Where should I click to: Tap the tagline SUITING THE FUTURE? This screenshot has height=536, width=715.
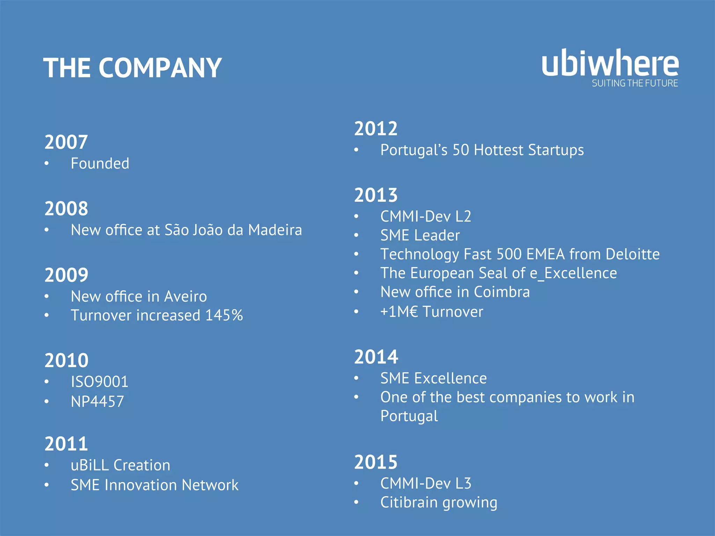(x=635, y=83)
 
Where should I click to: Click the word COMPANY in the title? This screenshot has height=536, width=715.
(x=160, y=68)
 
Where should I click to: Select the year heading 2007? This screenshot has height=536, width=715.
(x=66, y=142)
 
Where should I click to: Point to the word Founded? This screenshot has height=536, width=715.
(x=100, y=164)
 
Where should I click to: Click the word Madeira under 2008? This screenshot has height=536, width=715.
(x=275, y=230)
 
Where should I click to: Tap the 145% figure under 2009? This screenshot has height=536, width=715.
(x=224, y=315)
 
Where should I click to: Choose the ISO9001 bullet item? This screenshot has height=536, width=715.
(x=99, y=382)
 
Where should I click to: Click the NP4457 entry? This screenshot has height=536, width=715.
(x=97, y=402)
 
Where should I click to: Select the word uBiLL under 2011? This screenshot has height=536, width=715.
(x=90, y=466)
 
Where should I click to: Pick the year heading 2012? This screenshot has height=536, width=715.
(x=376, y=129)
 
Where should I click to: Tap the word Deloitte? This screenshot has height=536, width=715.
(x=632, y=254)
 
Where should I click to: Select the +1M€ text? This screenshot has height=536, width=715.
(x=399, y=312)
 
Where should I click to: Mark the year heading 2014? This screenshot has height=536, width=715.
(x=376, y=357)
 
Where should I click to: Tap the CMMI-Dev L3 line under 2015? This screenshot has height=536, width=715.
(x=426, y=484)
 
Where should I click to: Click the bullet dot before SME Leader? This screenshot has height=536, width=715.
(x=356, y=236)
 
